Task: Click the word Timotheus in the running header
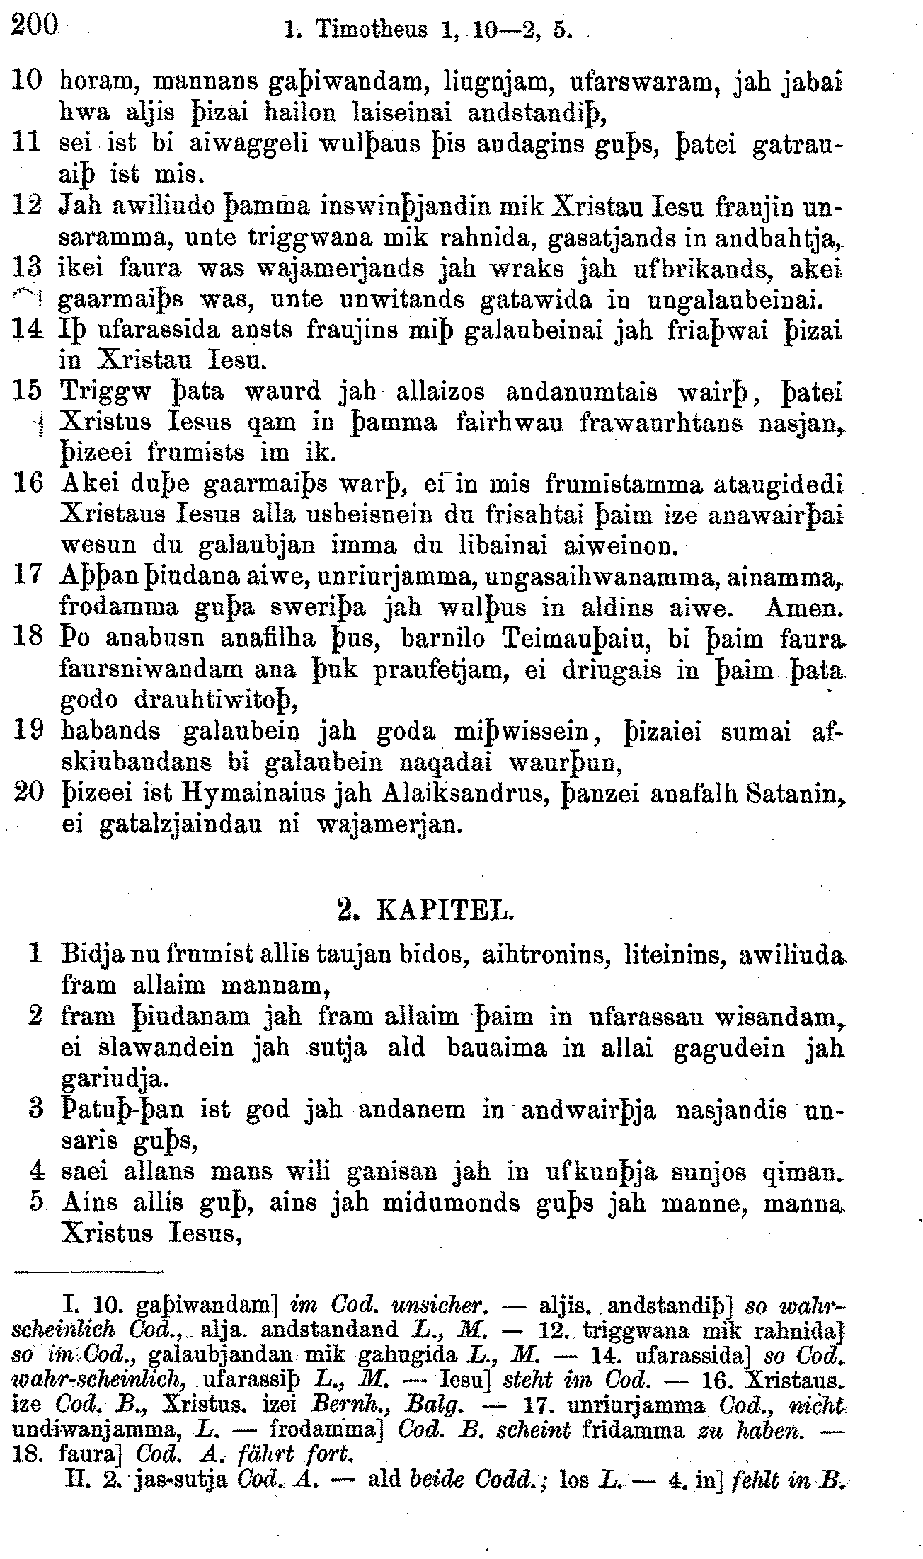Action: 372,30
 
